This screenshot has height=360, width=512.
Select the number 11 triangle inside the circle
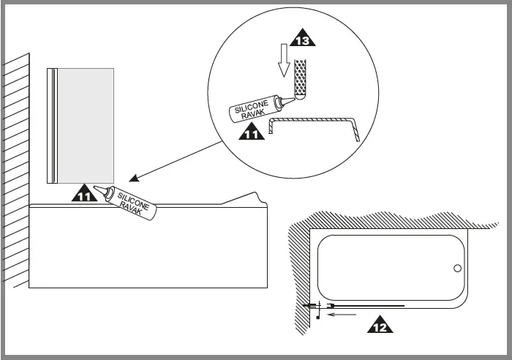point(250,132)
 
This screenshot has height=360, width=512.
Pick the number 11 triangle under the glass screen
point(84,193)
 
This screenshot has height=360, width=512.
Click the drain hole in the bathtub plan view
point(457,268)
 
